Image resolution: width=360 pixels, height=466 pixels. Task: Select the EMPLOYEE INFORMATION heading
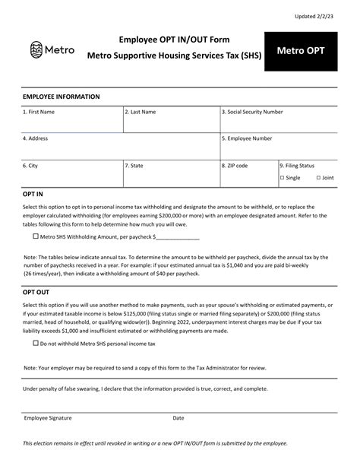pyautogui.click(x=61, y=97)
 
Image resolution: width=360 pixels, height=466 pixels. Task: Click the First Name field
pyautogui.click(x=72, y=122)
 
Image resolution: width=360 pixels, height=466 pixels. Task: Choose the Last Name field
pyautogui.click(x=171, y=122)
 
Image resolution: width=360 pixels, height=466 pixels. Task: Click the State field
pyautogui.click(x=171, y=175)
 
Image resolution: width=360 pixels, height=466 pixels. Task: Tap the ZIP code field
pyautogui.click(x=248, y=175)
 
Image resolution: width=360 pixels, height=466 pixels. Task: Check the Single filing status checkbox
pyautogui.click(x=282, y=178)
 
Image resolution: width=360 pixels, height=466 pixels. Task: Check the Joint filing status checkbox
pyautogui.click(x=318, y=178)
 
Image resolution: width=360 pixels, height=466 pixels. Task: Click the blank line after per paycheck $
pyautogui.click(x=178, y=237)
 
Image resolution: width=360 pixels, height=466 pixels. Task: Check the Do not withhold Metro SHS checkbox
pyautogui.click(x=36, y=343)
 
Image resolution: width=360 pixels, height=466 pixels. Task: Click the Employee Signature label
pyautogui.click(x=48, y=417)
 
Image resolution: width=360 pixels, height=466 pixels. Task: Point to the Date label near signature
pyautogui.click(x=178, y=417)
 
